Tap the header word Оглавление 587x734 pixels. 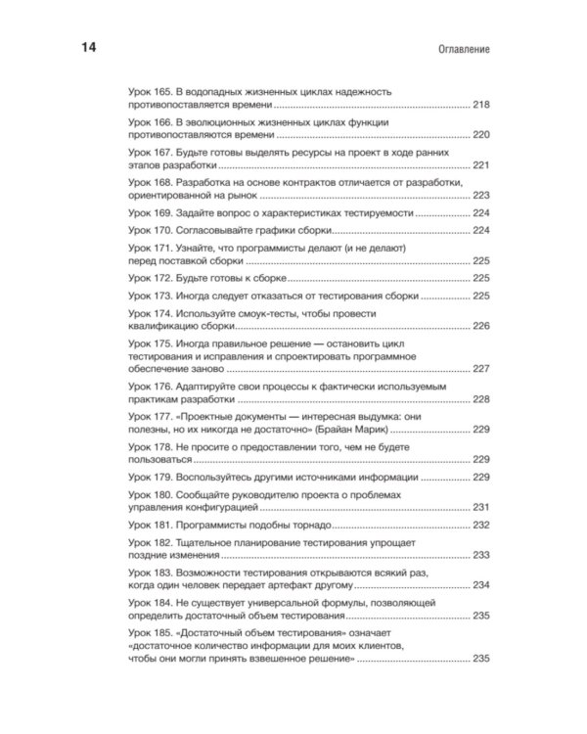(460, 48)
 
